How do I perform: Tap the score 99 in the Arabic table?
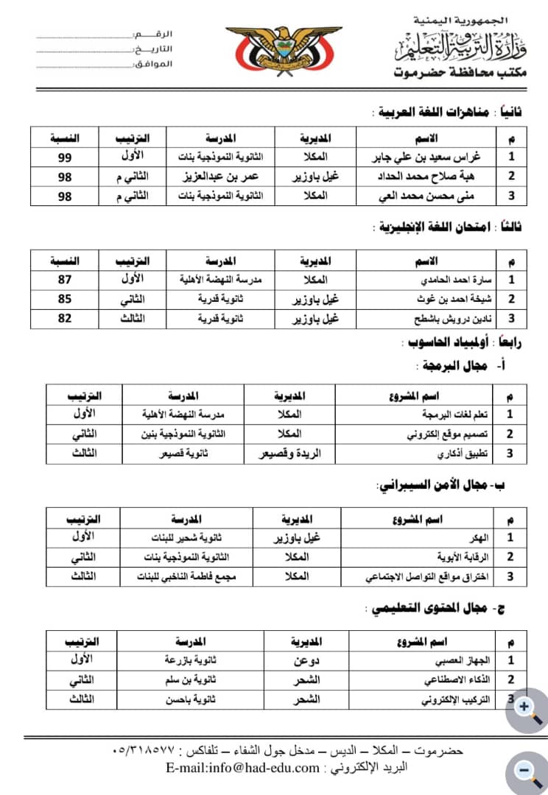(66, 157)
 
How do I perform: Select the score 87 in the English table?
(66, 280)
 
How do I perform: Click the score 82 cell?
(66, 319)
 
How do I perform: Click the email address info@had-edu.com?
(244, 768)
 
